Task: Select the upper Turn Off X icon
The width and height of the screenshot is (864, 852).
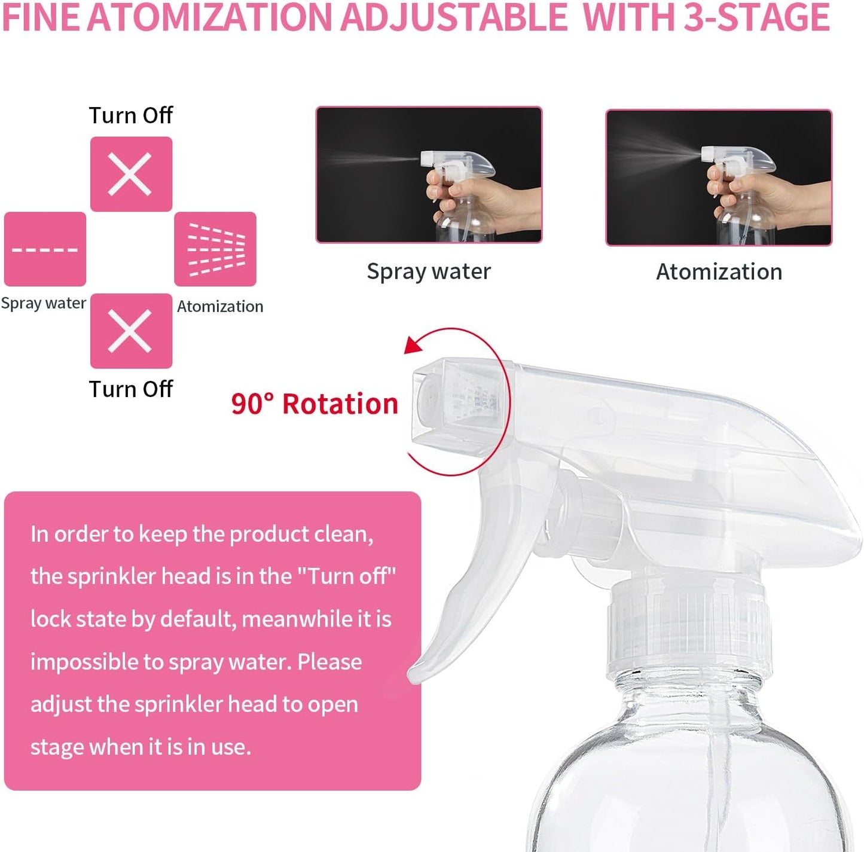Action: point(131,174)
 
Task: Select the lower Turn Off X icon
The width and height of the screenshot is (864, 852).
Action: point(131,331)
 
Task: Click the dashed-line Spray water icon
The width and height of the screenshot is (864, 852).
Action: point(45,249)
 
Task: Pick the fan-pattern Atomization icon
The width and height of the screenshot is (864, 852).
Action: point(215,249)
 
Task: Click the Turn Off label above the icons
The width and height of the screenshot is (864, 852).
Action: point(130,115)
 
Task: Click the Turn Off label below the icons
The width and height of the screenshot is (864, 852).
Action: point(130,389)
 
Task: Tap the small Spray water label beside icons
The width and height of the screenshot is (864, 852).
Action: point(43,303)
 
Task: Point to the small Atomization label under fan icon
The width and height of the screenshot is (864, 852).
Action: point(220,306)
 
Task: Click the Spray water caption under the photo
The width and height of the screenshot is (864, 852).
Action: point(429,271)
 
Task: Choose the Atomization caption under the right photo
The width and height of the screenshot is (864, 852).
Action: point(719,272)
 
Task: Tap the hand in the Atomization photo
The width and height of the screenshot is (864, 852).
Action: point(771,200)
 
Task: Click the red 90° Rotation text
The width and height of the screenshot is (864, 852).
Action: point(315,404)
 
